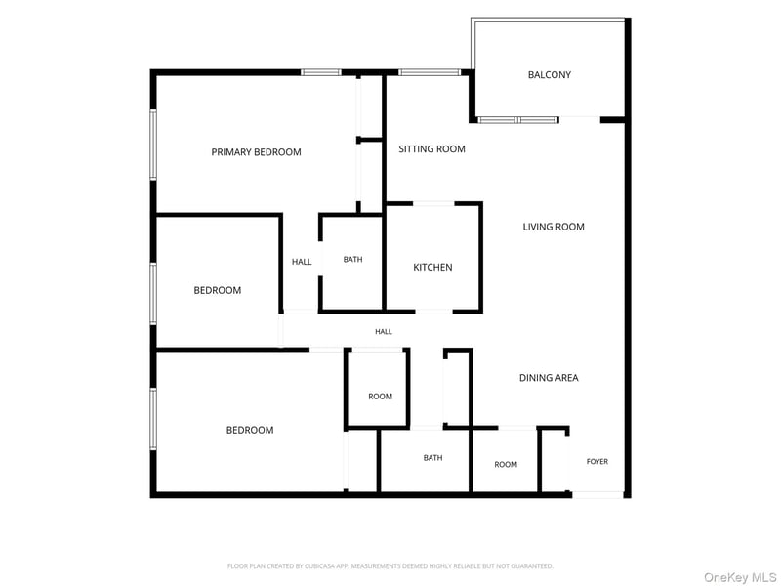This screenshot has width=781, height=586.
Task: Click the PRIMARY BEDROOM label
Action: click(x=256, y=152)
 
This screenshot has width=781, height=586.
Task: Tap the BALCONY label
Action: click(x=550, y=75)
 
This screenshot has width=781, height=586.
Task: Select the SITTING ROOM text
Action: click(x=432, y=149)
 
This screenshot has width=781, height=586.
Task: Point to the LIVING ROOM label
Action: click(x=554, y=227)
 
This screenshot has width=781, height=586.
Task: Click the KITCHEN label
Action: click(x=432, y=267)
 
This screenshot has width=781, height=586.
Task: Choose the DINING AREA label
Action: click(x=549, y=378)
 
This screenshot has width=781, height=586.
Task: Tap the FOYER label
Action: click(x=597, y=461)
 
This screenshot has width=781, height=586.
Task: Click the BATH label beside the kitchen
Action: click(x=352, y=259)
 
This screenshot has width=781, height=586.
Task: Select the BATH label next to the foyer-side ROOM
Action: click(x=432, y=457)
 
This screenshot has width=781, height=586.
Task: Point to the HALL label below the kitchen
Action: click(x=384, y=331)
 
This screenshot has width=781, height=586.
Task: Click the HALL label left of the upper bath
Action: click(x=302, y=262)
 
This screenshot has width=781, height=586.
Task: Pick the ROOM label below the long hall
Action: click(x=380, y=397)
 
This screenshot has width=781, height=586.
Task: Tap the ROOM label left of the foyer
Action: click(x=506, y=465)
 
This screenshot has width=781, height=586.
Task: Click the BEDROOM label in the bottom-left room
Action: click(x=250, y=430)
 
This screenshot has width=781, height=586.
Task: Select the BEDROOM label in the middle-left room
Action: click(x=218, y=290)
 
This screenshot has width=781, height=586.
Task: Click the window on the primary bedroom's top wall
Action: click(x=321, y=72)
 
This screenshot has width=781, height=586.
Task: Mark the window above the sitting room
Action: click(x=430, y=72)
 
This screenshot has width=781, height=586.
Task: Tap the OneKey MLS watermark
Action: click(x=740, y=577)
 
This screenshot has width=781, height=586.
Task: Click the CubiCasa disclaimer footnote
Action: click(x=390, y=566)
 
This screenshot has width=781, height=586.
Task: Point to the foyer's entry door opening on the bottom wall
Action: click(x=597, y=495)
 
